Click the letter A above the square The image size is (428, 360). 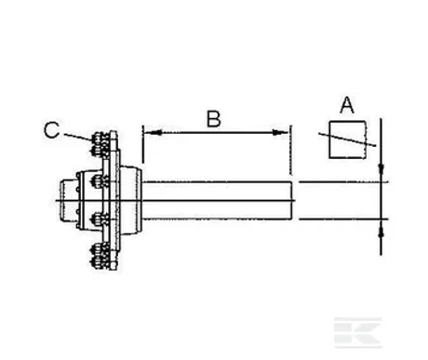(x=347, y=105)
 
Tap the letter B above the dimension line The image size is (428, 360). (x=214, y=118)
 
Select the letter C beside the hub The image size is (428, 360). (x=51, y=130)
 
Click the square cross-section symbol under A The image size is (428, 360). (x=348, y=140)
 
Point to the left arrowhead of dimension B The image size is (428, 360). (x=153, y=133)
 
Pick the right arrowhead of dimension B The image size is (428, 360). (x=280, y=133)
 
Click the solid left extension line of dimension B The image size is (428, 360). (x=142, y=144)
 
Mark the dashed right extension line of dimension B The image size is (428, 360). (x=291, y=150)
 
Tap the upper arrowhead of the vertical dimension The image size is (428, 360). (x=381, y=169)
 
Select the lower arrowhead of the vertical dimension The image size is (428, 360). (x=381, y=232)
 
